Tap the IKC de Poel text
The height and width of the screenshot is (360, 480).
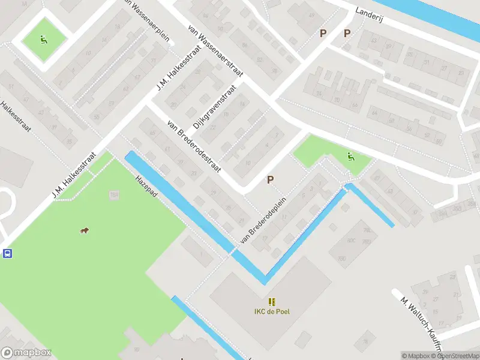pos(272,311)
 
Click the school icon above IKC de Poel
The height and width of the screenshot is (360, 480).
pos(272,301)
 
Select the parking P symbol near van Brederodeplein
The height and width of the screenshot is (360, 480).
pos(271,179)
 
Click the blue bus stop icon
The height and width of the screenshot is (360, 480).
pos(7,253)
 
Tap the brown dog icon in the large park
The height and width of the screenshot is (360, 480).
pos(85,231)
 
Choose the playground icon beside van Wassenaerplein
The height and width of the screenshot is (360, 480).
pos(43,40)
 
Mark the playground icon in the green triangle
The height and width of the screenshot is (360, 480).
pos(351,157)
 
